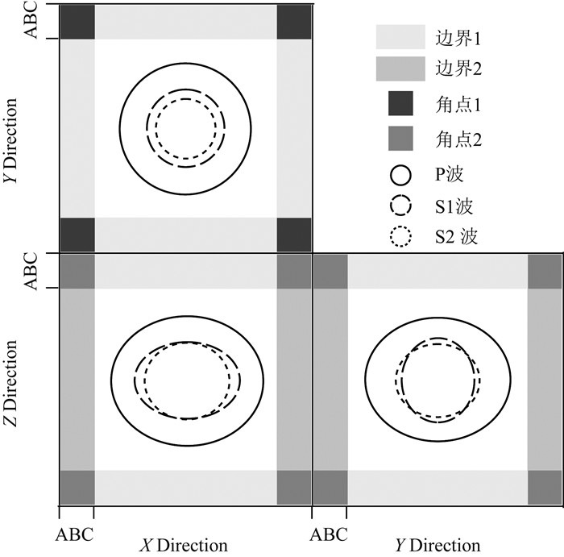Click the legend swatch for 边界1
(400, 37)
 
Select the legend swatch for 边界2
(400, 69)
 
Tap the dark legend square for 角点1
(400, 104)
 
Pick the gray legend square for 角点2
(400, 139)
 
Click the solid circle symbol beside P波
(400, 173)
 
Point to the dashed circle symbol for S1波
(400, 206)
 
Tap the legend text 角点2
(458, 139)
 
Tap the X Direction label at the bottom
(185, 546)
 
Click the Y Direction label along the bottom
(437, 546)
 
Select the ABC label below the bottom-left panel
(74, 534)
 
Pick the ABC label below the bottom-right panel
(330, 534)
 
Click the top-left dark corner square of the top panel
(77, 21)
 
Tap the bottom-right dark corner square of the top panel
(294, 234)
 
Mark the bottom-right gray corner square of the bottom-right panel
(545, 487)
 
